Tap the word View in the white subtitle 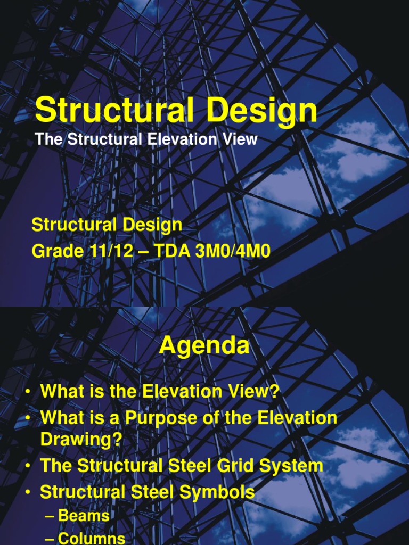pyautogui.click(x=240, y=139)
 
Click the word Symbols pyautogui.click(x=217, y=492)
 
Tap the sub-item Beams pyautogui.click(x=84, y=515)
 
